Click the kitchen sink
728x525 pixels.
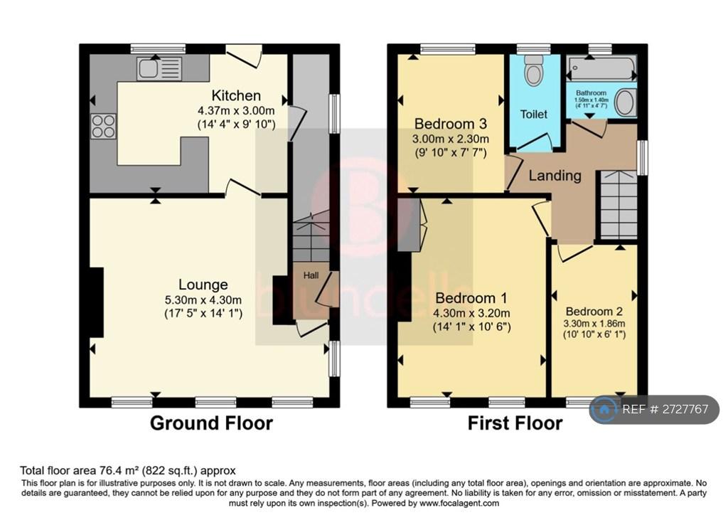click(x=159, y=68)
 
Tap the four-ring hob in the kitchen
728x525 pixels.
click(x=103, y=127)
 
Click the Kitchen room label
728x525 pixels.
click(x=236, y=96)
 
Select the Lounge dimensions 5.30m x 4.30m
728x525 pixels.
click(x=203, y=300)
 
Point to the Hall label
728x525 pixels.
click(x=311, y=275)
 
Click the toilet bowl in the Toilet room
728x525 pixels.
click(x=534, y=70)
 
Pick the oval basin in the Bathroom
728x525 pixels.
click(x=624, y=102)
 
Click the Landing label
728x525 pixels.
click(x=555, y=176)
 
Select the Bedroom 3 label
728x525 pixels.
click(x=450, y=124)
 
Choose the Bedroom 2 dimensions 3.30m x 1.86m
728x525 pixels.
click(x=594, y=324)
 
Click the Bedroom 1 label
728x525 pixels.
click(x=471, y=298)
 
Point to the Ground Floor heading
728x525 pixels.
click(x=211, y=423)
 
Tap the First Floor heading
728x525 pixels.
click(x=515, y=423)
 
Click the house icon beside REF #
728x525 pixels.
click(x=604, y=409)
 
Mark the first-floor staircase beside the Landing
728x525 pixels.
click(x=619, y=204)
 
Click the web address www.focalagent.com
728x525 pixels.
click(x=459, y=503)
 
